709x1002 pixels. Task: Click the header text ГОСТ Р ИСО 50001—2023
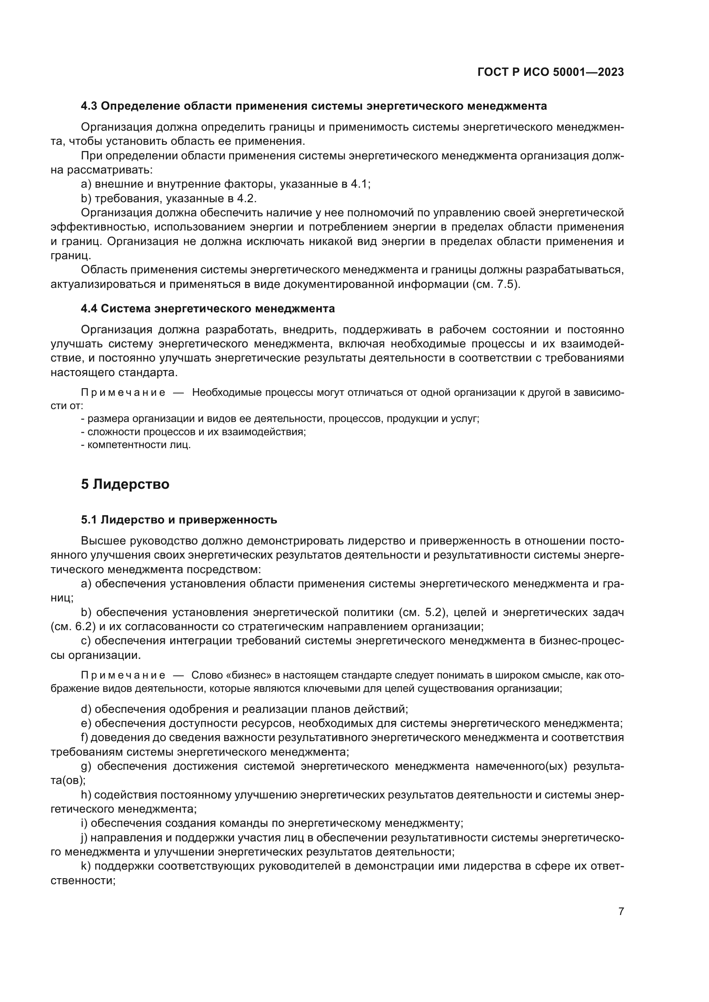click(550, 72)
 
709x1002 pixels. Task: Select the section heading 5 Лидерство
click(125, 485)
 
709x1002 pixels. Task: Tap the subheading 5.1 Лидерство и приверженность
click(179, 520)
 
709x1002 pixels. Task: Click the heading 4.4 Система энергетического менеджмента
click(208, 308)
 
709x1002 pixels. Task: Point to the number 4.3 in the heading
click(89, 106)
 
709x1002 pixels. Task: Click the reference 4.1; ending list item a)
click(361, 184)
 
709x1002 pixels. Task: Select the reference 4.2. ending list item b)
click(246, 199)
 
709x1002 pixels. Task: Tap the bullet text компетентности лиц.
click(139, 445)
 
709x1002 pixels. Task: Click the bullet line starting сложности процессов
click(196, 432)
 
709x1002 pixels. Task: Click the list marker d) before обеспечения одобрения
click(86, 709)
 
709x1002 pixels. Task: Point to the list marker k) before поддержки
click(86, 866)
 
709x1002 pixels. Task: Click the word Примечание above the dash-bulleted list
click(123, 393)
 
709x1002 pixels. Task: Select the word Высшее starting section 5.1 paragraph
click(103, 541)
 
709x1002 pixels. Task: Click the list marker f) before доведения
click(85, 738)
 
